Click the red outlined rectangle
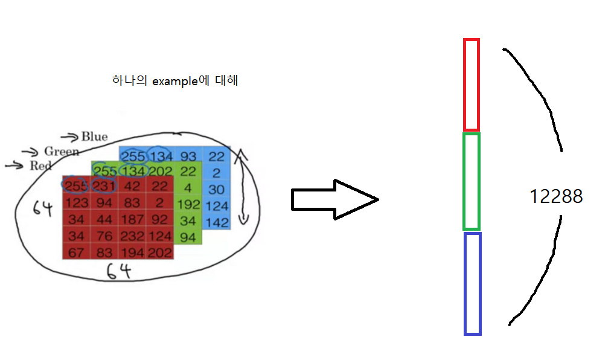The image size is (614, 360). point(471,85)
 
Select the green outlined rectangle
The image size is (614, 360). point(471,181)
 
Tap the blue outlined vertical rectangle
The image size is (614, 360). point(472,284)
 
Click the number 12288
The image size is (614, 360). point(556,197)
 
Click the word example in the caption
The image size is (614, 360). point(174,81)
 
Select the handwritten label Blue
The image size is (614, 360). point(94,137)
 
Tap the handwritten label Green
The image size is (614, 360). point(61,152)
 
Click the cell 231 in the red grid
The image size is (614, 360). point(104,185)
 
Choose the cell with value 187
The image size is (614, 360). point(132,219)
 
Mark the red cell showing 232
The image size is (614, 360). point(132,236)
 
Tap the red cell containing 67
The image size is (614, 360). point(76,252)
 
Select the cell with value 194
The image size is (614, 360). point(132,252)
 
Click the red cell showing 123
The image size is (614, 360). point(76,202)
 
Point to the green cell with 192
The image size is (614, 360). point(188,204)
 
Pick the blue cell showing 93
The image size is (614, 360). point(188,157)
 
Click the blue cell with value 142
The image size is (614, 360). point(217,222)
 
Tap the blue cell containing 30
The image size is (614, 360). point(217,190)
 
